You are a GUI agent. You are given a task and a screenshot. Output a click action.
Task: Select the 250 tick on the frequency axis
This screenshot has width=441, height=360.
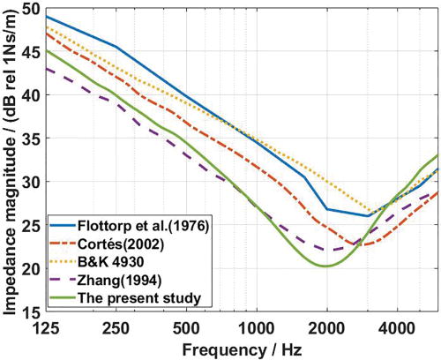pos(116,326)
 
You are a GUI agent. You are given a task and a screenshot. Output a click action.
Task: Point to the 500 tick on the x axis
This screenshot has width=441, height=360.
pos(186,326)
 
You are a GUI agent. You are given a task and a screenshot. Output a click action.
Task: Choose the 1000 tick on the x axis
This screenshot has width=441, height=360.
pos(256,326)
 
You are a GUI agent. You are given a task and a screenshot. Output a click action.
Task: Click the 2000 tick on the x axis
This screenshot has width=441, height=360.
pos(326,326)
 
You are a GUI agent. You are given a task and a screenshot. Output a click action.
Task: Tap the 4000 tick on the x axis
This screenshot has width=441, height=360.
pos(397,326)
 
